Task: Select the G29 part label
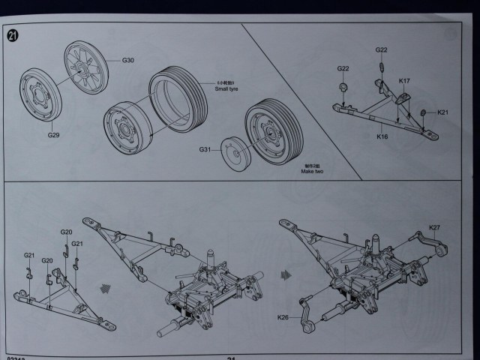point(54,135)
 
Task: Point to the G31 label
point(205,150)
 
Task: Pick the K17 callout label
point(404,81)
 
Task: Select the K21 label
point(442,112)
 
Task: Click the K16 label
point(382,137)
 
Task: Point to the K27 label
point(435,227)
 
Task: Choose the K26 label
point(283,318)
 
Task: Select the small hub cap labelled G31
point(235,153)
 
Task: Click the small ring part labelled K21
point(423,112)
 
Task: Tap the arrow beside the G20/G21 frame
point(106,288)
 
